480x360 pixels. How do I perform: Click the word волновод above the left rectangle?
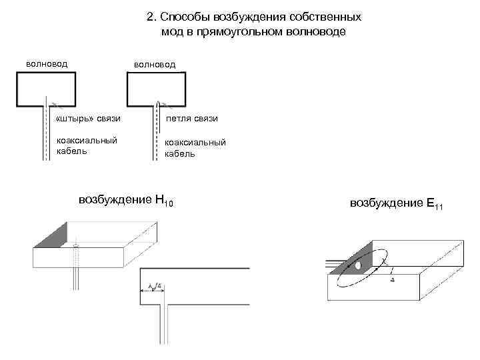(x=47, y=64)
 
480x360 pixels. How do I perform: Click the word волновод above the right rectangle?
(x=155, y=65)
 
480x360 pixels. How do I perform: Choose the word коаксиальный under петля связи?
(x=195, y=142)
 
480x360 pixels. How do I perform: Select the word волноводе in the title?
(x=316, y=31)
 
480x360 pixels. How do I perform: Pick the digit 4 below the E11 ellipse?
(x=391, y=280)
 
